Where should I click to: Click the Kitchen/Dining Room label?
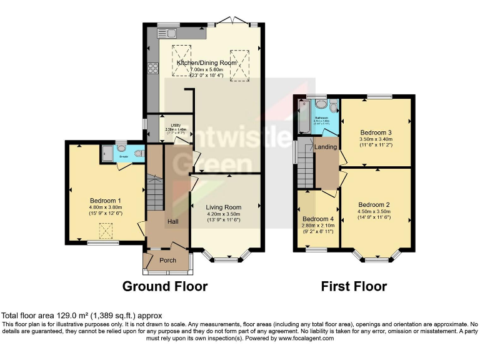pyautogui.click(x=206, y=63)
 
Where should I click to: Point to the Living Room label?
pyautogui.click(x=224, y=207)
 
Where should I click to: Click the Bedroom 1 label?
pyautogui.click(x=105, y=201)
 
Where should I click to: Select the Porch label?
pyautogui.click(x=167, y=260)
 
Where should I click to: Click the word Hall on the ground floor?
pyautogui.click(x=172, y=222)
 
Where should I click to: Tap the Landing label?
pyautogui.click(x=326, y=147)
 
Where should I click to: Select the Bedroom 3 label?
pyautogui.click(x=376, y=132)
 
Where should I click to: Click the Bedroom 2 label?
pyautogui.click(x=374, y=204)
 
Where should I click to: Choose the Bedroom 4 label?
pyautogui.click(x=317, y=219)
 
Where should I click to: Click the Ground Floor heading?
pyautogui.click(x=164, y=287)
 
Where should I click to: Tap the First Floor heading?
pyautogui.click(x=354, y=287)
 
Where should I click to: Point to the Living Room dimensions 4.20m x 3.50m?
pyautogui.click(x=224, y=214)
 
